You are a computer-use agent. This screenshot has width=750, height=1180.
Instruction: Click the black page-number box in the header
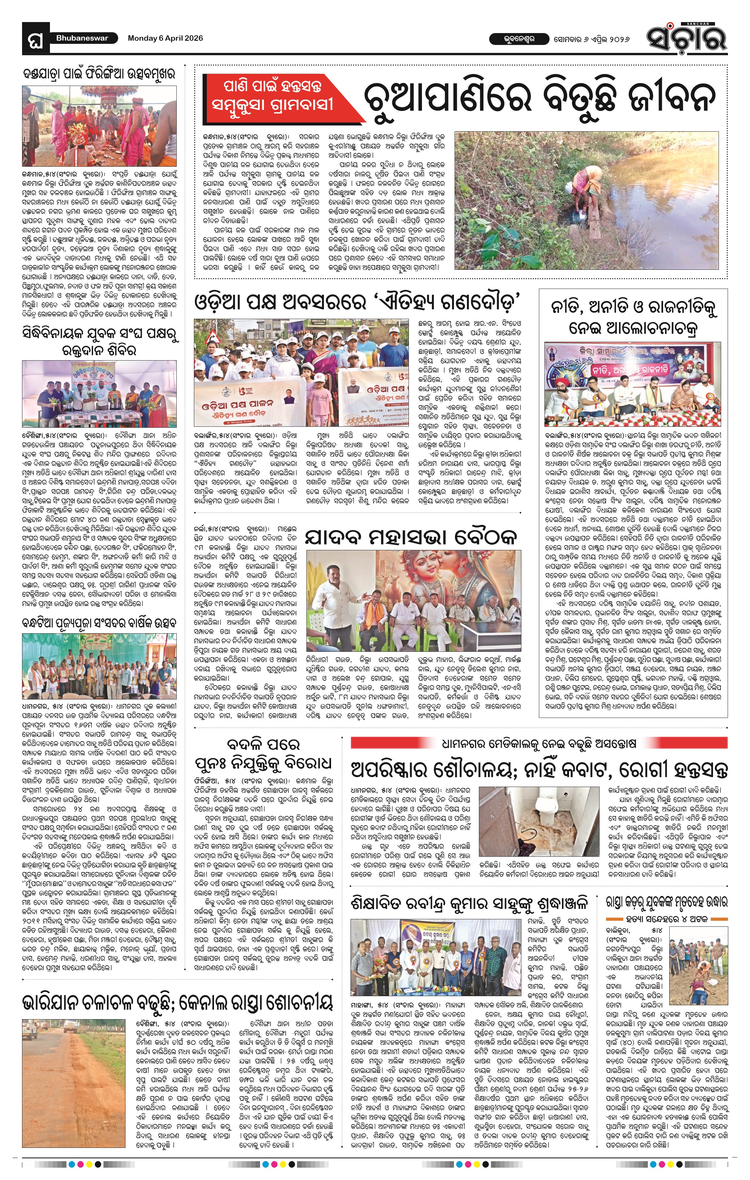click(x=36, y=38)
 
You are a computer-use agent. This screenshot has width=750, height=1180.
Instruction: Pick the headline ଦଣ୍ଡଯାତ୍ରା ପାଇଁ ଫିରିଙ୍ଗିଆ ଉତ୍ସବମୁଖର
click(x=99, y=75)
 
